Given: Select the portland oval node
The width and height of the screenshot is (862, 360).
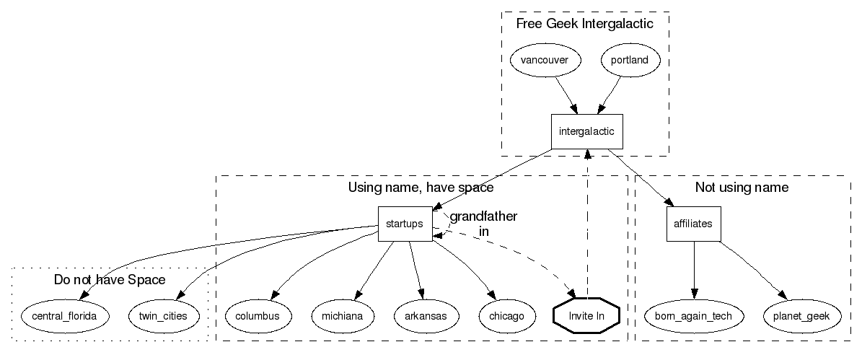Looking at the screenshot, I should [x=629, y=61].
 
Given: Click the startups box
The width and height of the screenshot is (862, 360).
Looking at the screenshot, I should [x=405, y=224].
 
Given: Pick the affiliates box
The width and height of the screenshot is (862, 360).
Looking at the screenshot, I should [x=693, y=224].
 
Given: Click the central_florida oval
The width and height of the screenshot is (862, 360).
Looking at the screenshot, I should [x=65, y=316].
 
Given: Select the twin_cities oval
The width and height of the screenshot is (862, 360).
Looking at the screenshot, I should [x=162, y=316].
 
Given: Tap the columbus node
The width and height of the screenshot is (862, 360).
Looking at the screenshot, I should [x=258, y=316].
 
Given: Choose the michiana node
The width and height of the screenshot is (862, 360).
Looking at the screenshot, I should [x=343, y=316].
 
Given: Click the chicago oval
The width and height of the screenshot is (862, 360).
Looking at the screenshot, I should [x=507, y=316].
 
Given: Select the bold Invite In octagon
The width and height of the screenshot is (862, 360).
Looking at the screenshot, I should [x=589, y=316].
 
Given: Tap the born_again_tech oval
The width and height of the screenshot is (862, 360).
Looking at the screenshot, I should [x=693, y=316].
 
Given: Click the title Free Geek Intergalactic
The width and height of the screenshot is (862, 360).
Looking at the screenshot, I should [x=584, y=25].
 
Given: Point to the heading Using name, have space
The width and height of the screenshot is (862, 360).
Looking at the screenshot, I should [x=421, y=188].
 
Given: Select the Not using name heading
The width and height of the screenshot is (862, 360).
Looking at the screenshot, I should [x=741, y=188].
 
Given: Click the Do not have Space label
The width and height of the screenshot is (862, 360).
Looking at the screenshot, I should [x=110, y=279].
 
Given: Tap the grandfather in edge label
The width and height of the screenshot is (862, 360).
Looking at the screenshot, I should [x=483, y=224].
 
